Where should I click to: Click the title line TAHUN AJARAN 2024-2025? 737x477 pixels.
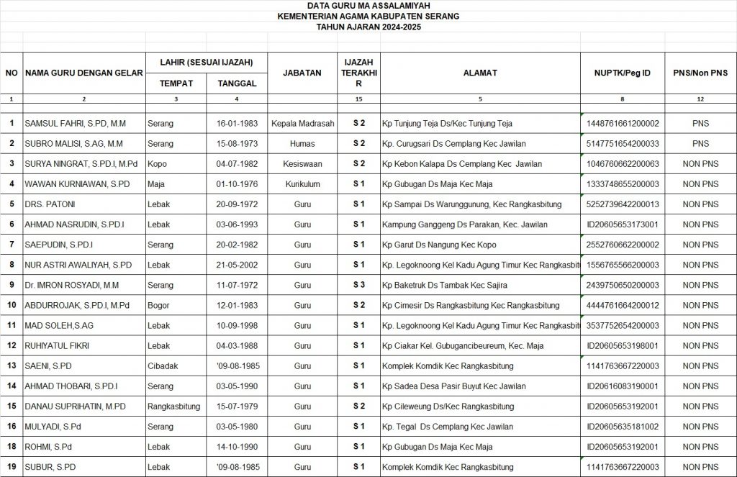[368, 27]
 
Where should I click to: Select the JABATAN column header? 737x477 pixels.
[302, 73]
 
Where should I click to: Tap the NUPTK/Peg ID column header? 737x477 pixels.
[623, 73]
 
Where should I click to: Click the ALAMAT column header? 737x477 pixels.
[480, 73]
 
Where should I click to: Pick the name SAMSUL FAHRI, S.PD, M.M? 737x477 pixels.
[75, 124]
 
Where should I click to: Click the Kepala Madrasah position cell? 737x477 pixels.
[302, 124]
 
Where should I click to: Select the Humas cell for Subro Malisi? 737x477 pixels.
[302, 144]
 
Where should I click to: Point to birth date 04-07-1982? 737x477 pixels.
[237, 164]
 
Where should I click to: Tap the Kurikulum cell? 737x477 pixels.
[302, 184]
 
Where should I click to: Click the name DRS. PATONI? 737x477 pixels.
[50, 204]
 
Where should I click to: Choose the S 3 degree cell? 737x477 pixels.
[358, 285]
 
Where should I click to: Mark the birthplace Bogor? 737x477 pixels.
[159, 305]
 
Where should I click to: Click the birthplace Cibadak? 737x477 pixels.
[163, 365]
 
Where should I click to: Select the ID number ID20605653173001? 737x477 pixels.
[623, 224]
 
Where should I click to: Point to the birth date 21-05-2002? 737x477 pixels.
[237, 265]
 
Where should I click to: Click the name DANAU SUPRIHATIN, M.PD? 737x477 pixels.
[75, 406]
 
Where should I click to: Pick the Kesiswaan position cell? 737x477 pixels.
[302, 164]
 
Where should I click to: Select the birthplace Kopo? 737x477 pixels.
[157, 164]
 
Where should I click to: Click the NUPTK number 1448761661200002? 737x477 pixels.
[623, 124]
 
